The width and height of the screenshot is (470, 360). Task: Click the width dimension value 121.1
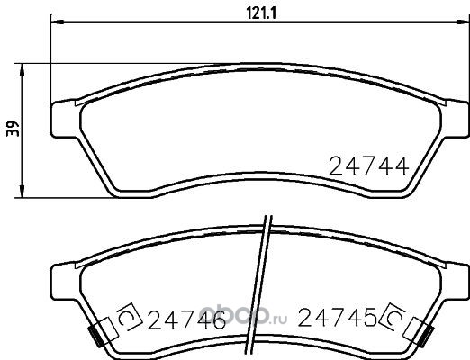pos(261,13)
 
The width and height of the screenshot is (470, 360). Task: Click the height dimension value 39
pos(13,129)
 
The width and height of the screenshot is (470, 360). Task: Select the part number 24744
pos(369,166)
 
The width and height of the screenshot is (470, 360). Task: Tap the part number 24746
pos(186,319)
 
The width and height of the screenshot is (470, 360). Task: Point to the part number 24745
pos(337,318)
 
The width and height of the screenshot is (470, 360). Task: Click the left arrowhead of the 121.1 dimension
pos(57,22)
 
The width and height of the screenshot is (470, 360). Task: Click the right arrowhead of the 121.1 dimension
pos(463,22)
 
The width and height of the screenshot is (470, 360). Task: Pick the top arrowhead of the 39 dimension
pos(22,69)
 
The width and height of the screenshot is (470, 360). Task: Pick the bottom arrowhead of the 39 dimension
pos(22,192)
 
